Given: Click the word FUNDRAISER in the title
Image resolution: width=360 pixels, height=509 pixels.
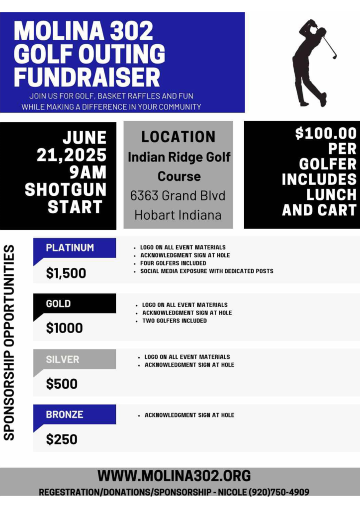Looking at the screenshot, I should pyautogui.click(x=87, y=77).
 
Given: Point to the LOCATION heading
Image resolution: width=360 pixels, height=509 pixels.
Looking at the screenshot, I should pyautogui.click(x=178, y=137).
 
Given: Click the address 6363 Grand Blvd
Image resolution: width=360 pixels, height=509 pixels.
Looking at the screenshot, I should pyautogui.click(x=178, y=195).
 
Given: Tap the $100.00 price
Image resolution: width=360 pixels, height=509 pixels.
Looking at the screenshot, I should pyautogui.click(x=326, y=133).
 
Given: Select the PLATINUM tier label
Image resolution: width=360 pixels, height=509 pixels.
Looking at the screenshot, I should pyautogui.click(x=70, y=248).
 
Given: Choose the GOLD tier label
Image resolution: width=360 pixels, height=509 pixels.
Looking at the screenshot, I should pyautogui.click(x=58, y=303).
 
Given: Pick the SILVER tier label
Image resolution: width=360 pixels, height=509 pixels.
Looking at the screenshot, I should pyautogui.click(x=62, y=359).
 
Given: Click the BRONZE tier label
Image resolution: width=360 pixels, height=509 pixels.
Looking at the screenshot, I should pyautogui.click(x=65, y=414).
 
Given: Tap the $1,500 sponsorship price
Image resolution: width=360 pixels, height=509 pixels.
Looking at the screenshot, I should pyautogui.click(x=66, y=273).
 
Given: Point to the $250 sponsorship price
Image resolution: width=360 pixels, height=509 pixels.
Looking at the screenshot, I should pyautogui.click(x=62, y=439).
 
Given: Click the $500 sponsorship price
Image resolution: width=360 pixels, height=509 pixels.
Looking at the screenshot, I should pyautogui.click(x=62, y=384).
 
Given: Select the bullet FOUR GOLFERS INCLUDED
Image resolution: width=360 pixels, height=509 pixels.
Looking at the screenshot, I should pyautogui.click(x=173, y=263).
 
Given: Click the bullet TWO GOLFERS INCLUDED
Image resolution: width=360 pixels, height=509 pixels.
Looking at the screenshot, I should pyautogui.click(x=175, y=321).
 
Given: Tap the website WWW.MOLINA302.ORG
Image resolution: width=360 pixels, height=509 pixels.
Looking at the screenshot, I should pyautogui.click(x=174, y=476).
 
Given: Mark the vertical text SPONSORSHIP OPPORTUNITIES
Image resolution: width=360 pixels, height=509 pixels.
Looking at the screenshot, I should pyautogui.click(x=9, y=343).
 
